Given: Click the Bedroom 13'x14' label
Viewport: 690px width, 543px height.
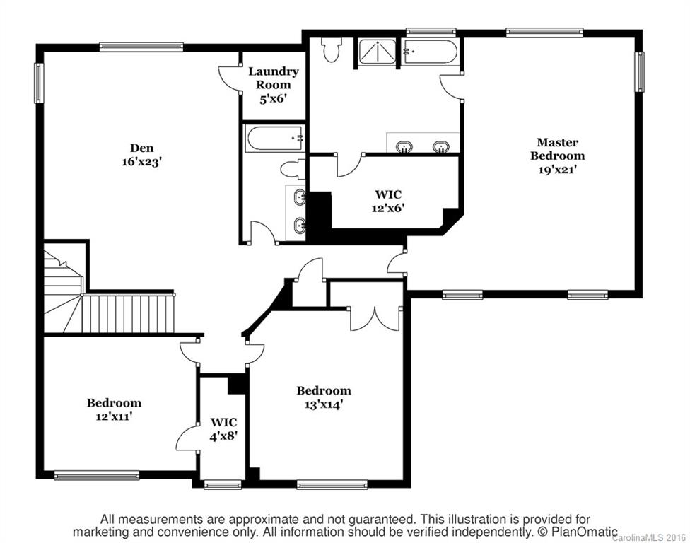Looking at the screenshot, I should (x=323, y=397).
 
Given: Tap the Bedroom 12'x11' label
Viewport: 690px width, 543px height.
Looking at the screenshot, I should (x=114, y=409).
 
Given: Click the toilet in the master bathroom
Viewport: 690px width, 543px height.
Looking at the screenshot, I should (x=331, y=49).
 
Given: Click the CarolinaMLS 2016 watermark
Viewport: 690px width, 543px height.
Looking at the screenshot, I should (x=650, y=537).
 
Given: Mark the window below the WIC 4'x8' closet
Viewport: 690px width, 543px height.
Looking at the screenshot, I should (x=222, y=485).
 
